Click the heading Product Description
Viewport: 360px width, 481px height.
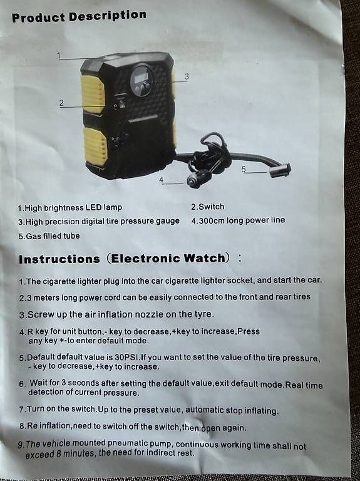pyautogui.click(x=79, y=16)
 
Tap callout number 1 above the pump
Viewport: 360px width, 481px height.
pyautogui.click(x=59, y=55)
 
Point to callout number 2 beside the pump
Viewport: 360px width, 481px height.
pyautogui.click(x=61, y=103)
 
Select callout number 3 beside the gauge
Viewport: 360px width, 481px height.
pyautogui.click(x=187, y=76)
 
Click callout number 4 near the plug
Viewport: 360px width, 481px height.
pyautogui.click(x=162, y=180)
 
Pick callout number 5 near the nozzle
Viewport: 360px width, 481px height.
pyautogui.click(x=244, y=169)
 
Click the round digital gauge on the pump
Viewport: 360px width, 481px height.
pyautogui.click(x=141, y=80)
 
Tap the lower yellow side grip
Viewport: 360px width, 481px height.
pyautogui.click(x=95, y=145)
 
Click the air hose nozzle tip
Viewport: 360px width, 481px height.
pyautogui.click(x=280, y=170)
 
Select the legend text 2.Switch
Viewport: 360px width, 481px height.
pyautogui.click(x=208, y=207)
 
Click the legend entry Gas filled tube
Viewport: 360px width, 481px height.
pyautogui.click(x=49, y=236)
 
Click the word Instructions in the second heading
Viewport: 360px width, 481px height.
pyautogui.click(x=59, y=259)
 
